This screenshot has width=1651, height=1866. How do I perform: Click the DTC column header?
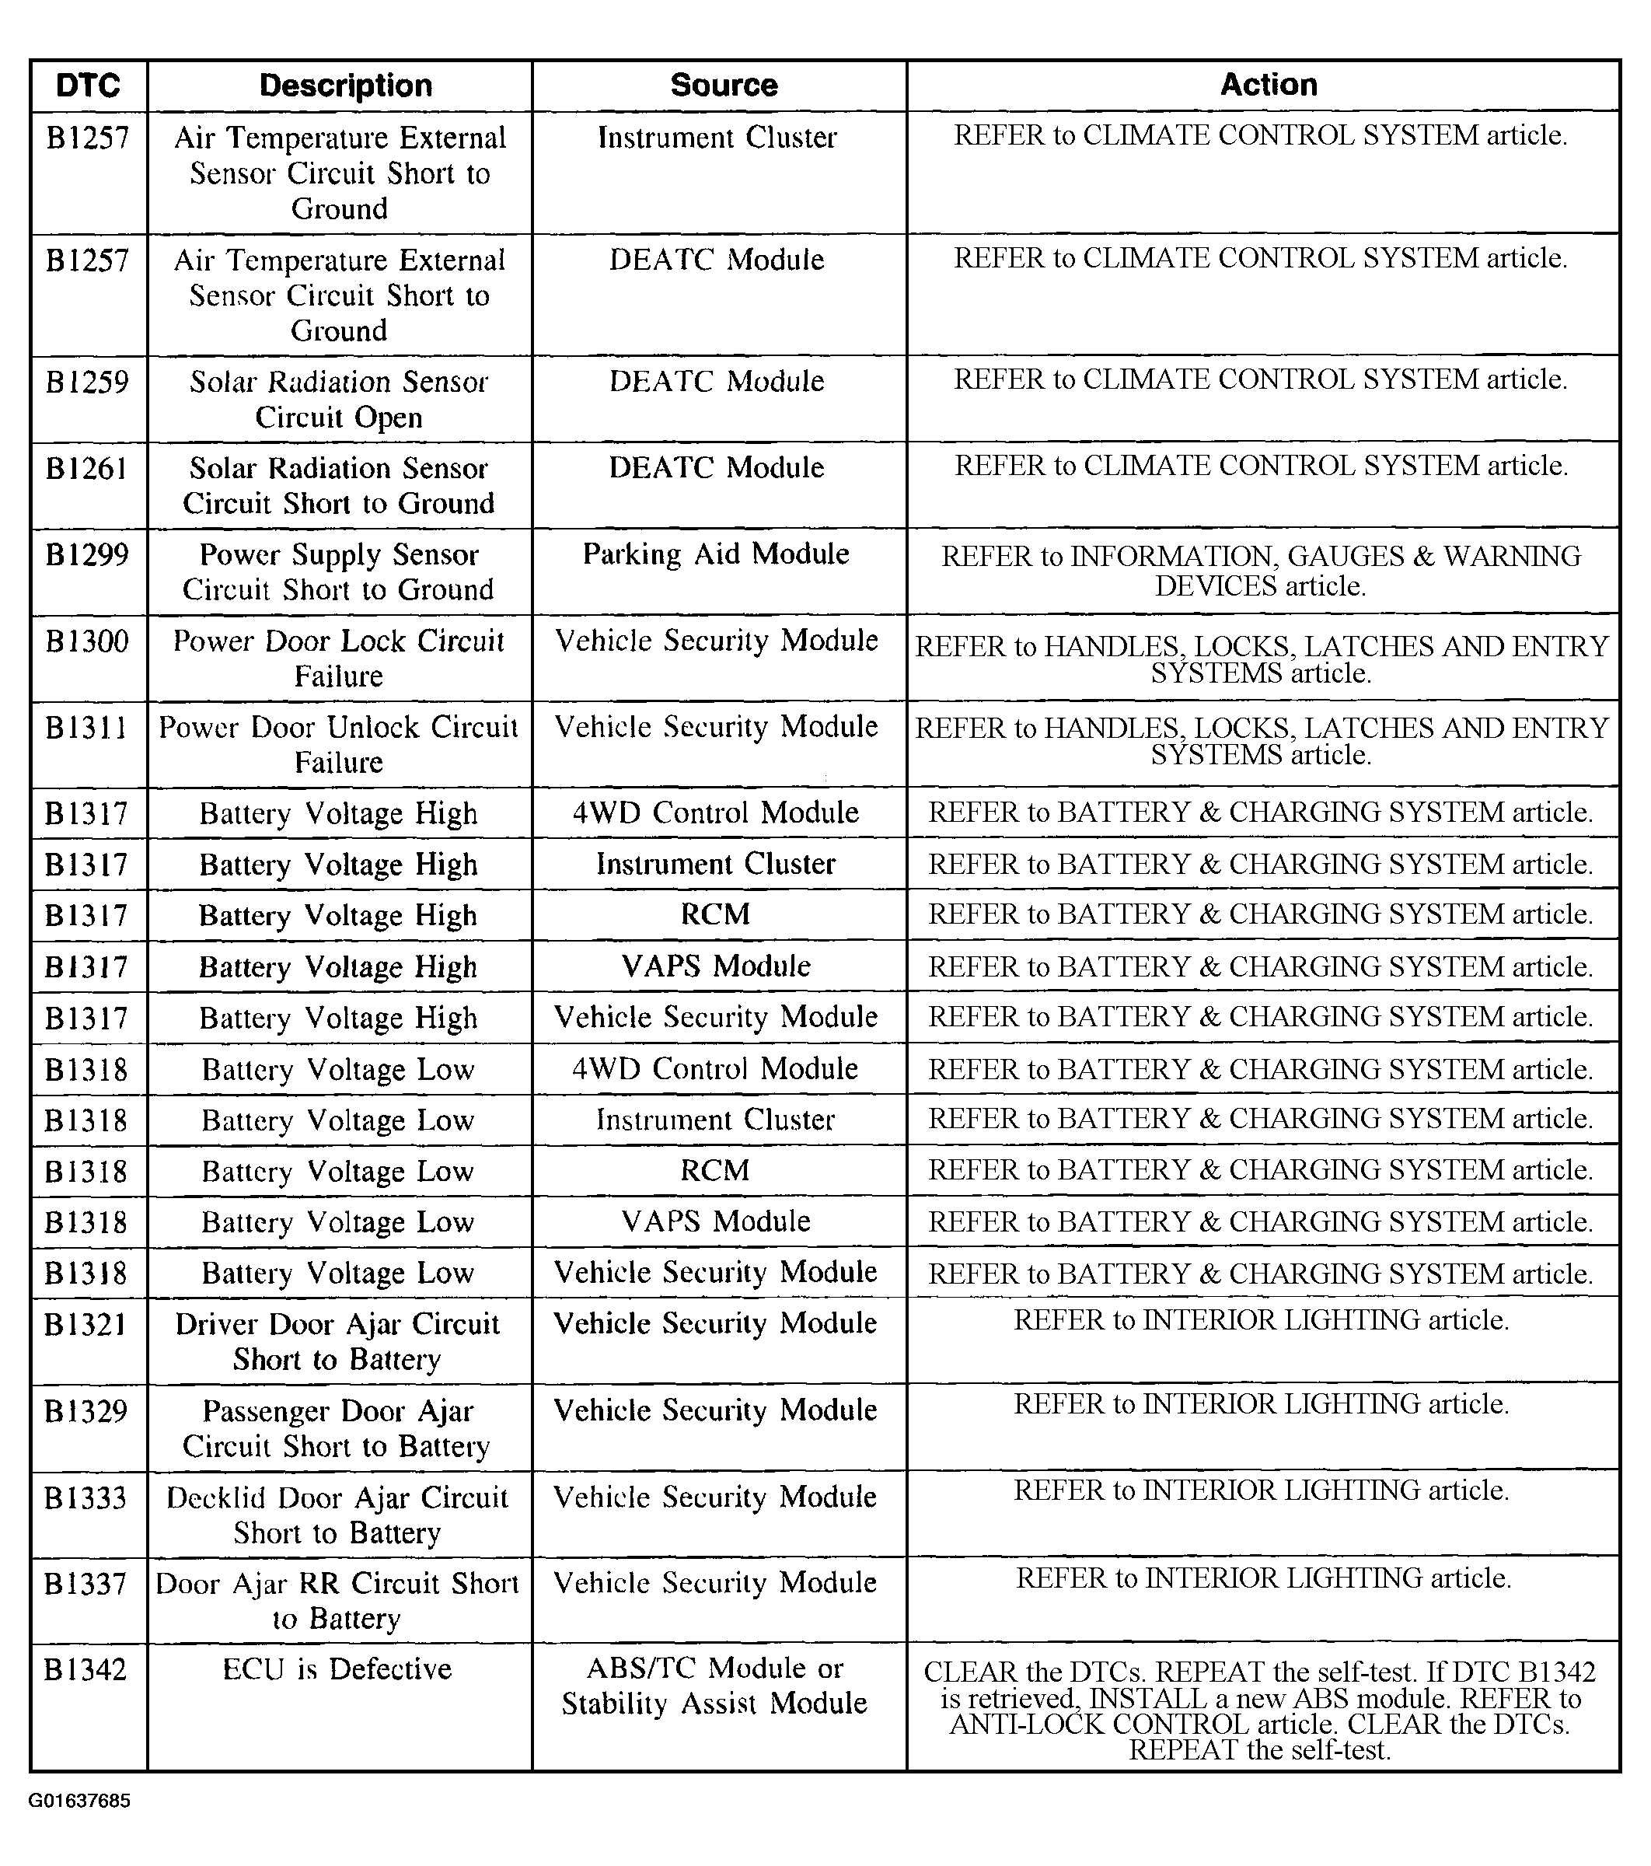(x=88, y=86)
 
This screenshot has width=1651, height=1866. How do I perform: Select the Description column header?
(x=345, y=86)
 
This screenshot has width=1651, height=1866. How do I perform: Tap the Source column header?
(x=724, y=86)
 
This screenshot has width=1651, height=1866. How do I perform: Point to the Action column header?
(x=1269, y=85)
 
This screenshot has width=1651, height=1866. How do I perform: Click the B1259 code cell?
(x=88, y=382)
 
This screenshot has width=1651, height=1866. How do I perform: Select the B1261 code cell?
(x=88, y=468)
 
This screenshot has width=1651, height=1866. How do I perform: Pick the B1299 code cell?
(x=88, y=555)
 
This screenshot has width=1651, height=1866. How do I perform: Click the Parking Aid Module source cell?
(x=717, y=554)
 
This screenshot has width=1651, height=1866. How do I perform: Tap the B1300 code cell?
(x=88, y=641)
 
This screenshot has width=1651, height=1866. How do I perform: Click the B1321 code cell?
(x=86, y=1325)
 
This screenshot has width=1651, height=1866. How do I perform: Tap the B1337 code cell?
(x=86, y=1584)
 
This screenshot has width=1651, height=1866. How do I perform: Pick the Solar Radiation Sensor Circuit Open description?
(x=339, y=399)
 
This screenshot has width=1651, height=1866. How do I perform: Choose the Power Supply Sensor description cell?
(x=339, y=572)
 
